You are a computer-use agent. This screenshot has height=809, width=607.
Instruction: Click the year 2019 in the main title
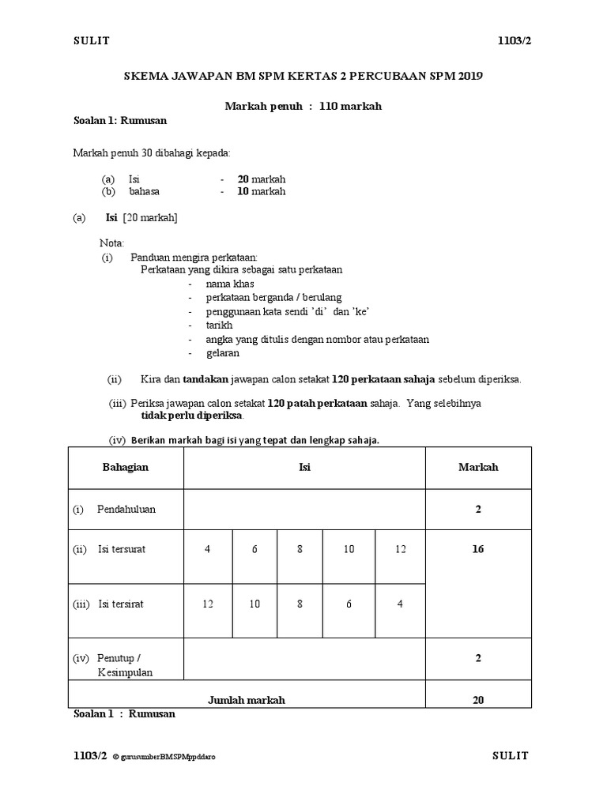[467, 77]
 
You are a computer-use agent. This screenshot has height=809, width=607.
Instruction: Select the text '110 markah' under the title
[350, 106]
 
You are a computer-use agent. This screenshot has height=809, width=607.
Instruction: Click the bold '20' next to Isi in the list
[243, 179]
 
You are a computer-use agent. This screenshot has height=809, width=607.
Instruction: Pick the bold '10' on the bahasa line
[243, 191]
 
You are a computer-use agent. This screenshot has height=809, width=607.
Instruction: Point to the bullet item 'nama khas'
[230, 284]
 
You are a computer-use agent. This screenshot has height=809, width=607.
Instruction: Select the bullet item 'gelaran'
[222, 353]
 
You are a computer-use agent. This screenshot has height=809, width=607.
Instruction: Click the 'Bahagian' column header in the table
[126, 467]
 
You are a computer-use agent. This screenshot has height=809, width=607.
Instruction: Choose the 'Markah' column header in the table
[478, 467]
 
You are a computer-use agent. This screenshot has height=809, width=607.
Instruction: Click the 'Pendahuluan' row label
[126, 510]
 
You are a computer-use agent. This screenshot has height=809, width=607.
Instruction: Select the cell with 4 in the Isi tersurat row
[208, 549]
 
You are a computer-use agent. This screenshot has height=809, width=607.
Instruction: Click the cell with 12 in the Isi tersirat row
[208, 604]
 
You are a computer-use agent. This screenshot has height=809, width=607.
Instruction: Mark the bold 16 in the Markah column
[478, 549]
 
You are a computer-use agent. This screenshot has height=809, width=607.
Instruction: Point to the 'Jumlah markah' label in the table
[247, 699]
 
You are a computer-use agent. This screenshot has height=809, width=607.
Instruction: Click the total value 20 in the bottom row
[478, 699]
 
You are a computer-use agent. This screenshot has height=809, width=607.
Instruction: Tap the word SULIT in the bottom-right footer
[510, 756]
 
